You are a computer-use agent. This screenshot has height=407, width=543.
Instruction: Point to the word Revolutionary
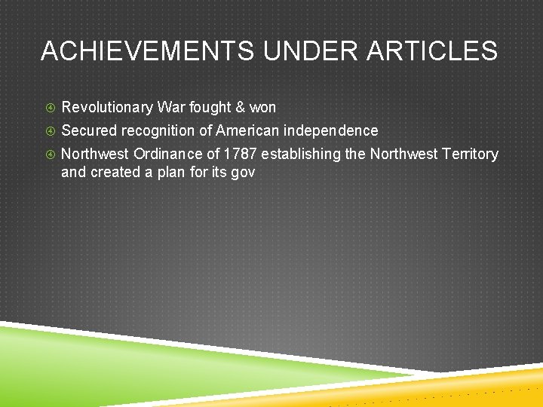pyautogui.click(x=106, y=107)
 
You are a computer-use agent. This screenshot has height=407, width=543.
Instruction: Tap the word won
pyautogui.click(x=263, y=107)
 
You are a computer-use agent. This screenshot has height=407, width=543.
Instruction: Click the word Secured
pyautogui.click(x=88, y=130)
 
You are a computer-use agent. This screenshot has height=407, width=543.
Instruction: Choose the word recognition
pyautogui.click(x=157, y=130)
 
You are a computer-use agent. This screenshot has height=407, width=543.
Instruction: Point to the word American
pyautogui.click(x=247, y=130)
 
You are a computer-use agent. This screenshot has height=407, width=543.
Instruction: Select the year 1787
pyautogui.click(x=240, y=154)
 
